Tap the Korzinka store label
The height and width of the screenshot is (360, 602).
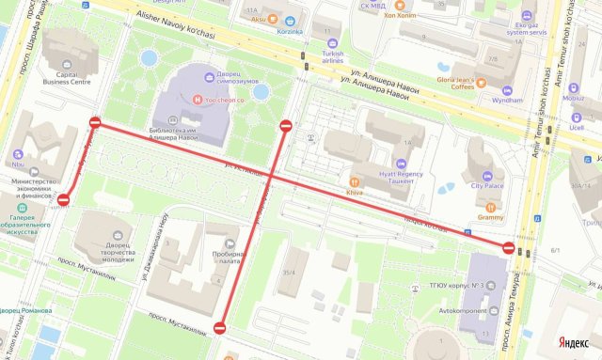pos(289,31)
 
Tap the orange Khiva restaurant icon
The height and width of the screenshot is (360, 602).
pos(355,181)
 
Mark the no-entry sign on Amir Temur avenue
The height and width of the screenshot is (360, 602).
pos(509,248)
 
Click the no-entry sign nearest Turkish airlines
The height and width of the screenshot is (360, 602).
pos(286,125)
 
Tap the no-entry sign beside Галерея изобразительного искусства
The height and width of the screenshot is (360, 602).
pos(64,199)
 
